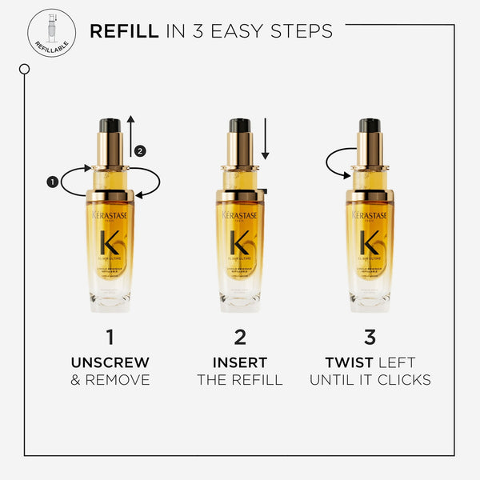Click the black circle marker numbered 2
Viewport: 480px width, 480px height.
coord(141,150)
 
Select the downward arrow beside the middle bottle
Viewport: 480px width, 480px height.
coord(266,140)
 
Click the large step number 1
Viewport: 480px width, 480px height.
coord(110,336)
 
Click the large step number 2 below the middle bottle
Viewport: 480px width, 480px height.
coord(240,336)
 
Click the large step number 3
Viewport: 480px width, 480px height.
coord(370,336)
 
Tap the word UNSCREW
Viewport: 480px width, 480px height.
coord(110,362)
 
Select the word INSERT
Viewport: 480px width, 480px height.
coord(240,362)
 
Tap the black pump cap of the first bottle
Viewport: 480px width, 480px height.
coord(110,126)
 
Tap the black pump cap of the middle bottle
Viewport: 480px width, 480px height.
coord(239,126)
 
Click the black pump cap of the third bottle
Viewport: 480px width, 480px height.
coord(369,126)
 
